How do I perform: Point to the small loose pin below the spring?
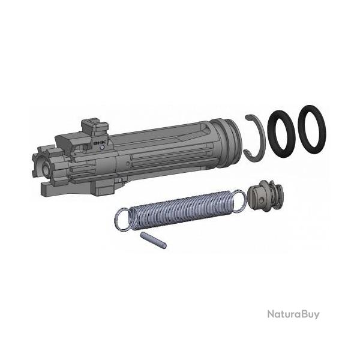tap(154, 239)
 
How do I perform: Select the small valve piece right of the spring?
tap(266, 196)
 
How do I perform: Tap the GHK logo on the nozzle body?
tap(98, 143)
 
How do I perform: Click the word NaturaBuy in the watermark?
tap(293, 314)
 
